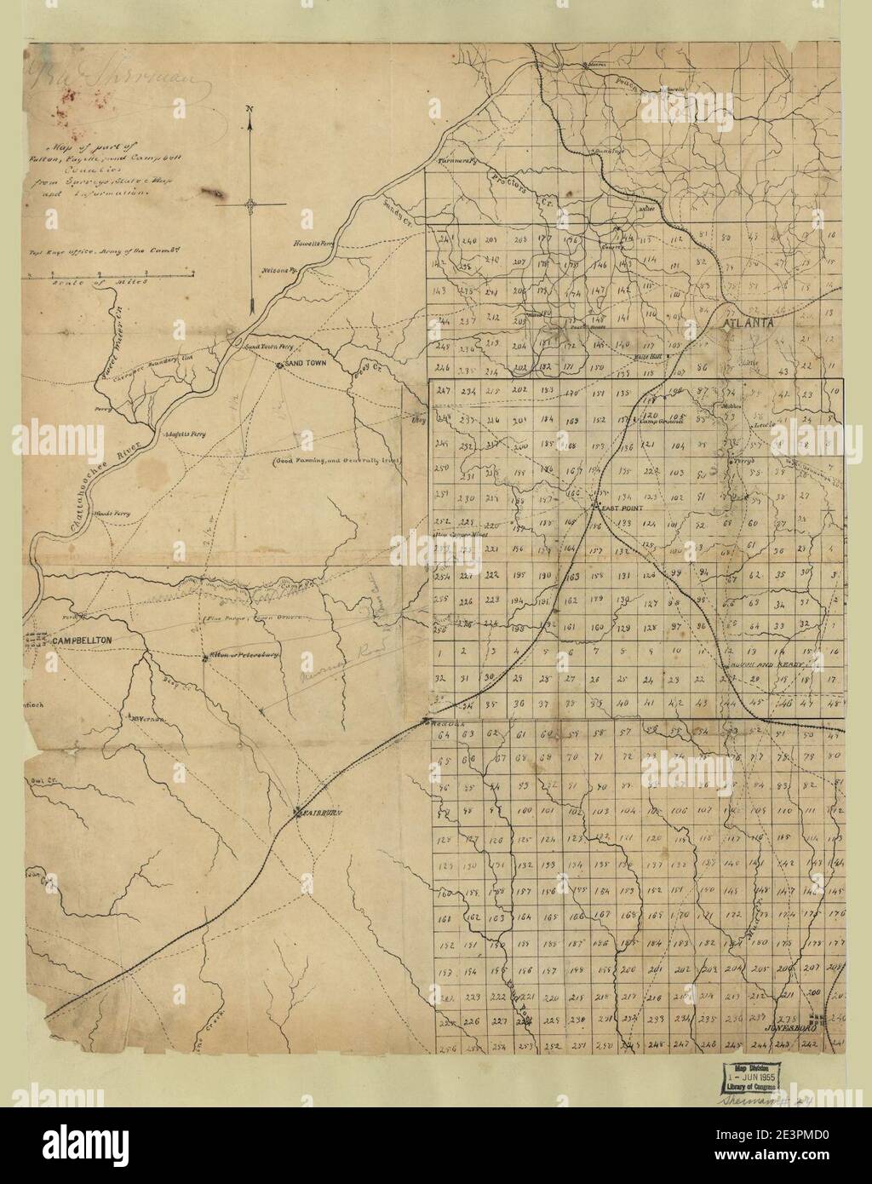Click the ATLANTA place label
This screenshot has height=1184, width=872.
tap(748, 323)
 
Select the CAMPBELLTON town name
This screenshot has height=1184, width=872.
tap(82, 640)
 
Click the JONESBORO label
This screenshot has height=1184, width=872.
tap(780, 1027)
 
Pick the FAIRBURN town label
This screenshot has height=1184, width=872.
tap(320, 814)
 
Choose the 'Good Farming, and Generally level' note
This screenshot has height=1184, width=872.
tap(336, 461)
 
